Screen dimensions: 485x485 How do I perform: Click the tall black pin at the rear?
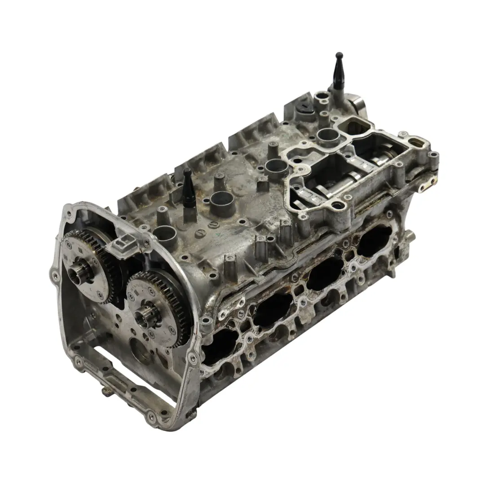pyautogui.click(x=338, y=72)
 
